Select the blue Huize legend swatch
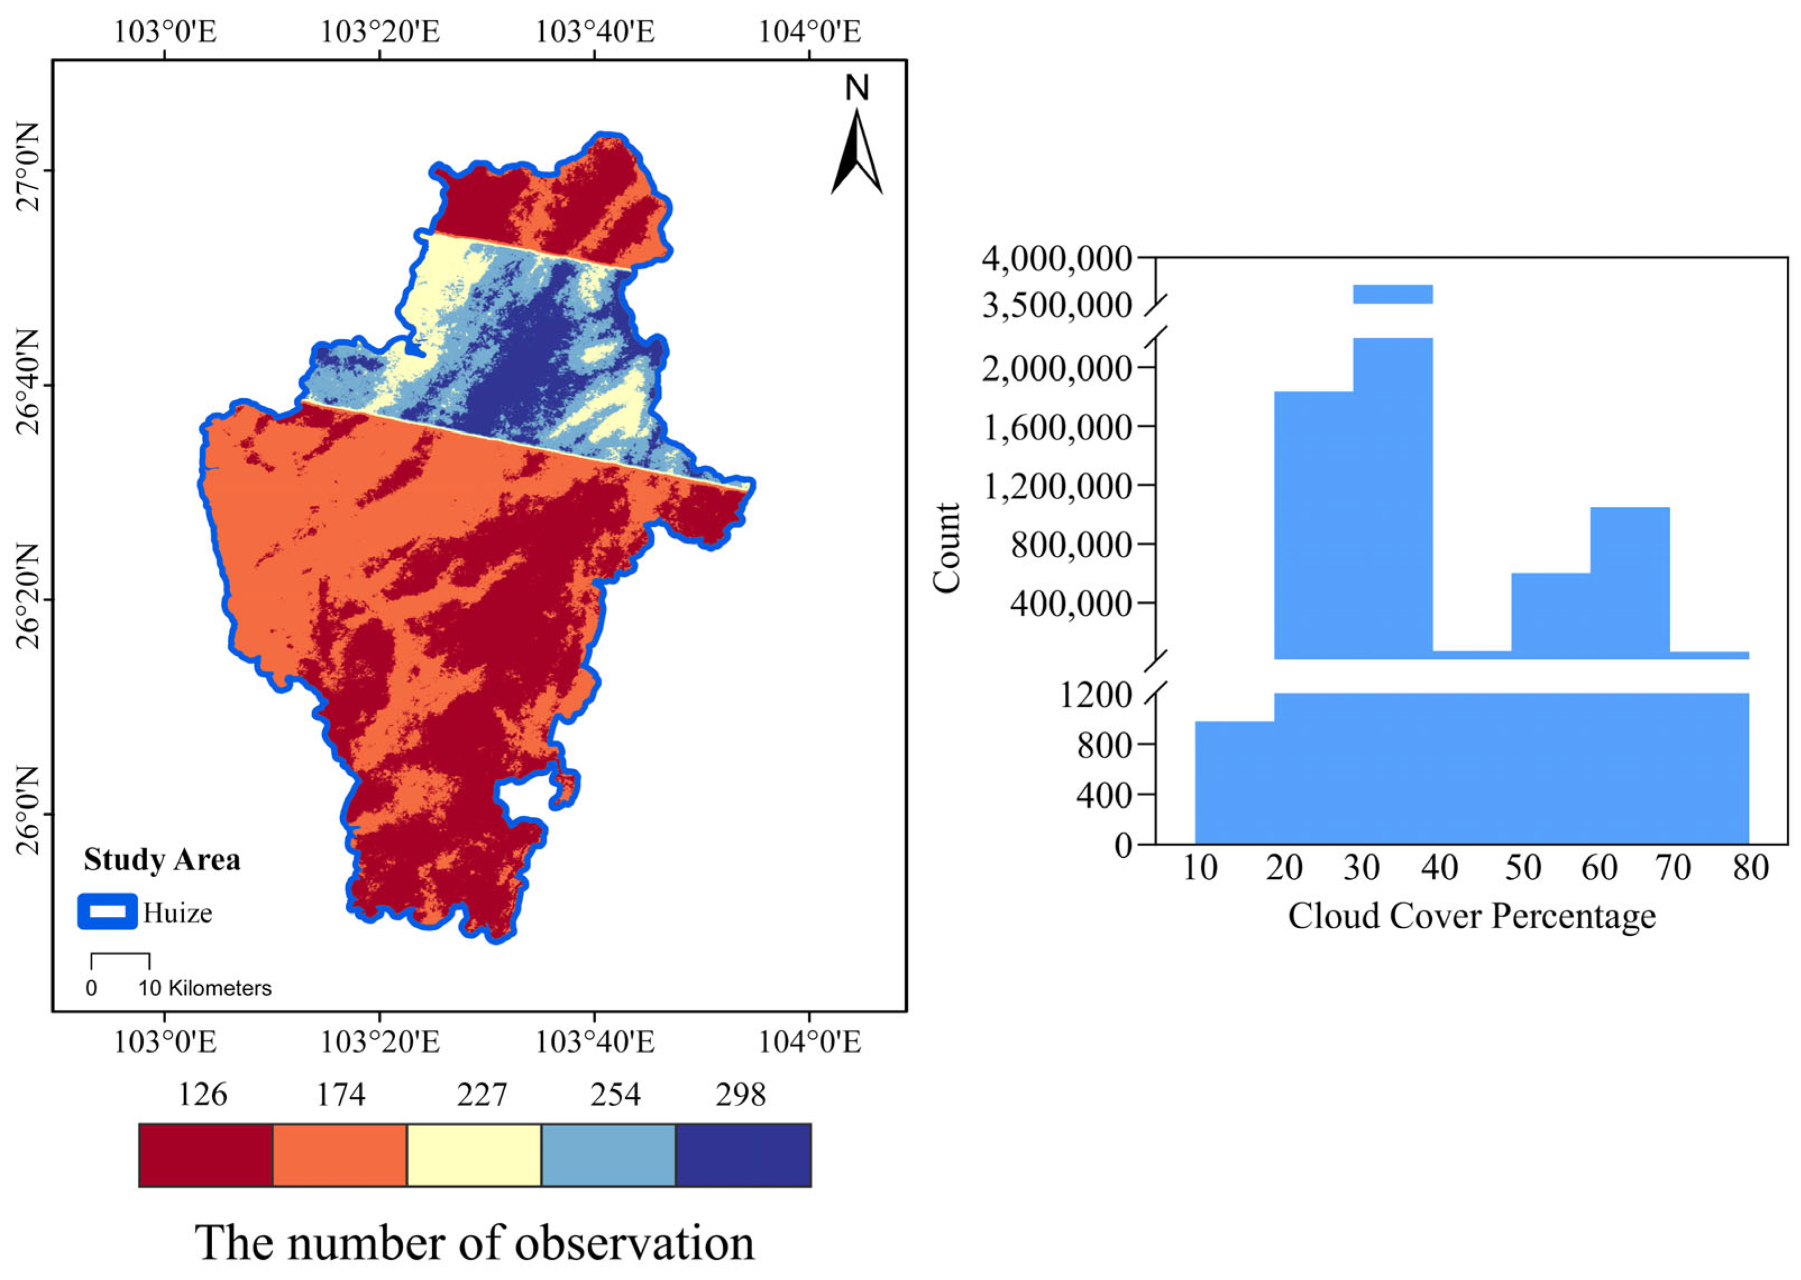point(107,912)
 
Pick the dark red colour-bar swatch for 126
point(205,1155)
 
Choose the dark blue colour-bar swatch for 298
point(743,1155)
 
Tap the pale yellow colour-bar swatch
point(474,1155)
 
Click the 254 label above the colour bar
point(615,1095)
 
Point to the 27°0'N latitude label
point(29,168)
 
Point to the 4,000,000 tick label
point(1056,258)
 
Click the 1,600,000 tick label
point(1056,427)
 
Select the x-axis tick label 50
point(1522,868)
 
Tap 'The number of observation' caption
point(474,1244)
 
